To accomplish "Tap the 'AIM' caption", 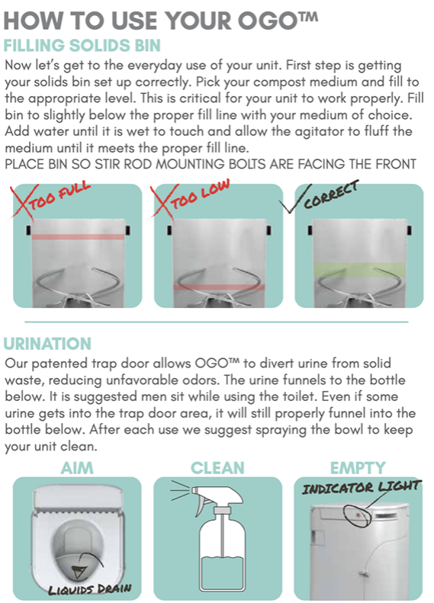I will pos(76,467).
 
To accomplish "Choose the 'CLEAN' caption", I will pos(216,467).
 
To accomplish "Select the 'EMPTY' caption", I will pos(358,467).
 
